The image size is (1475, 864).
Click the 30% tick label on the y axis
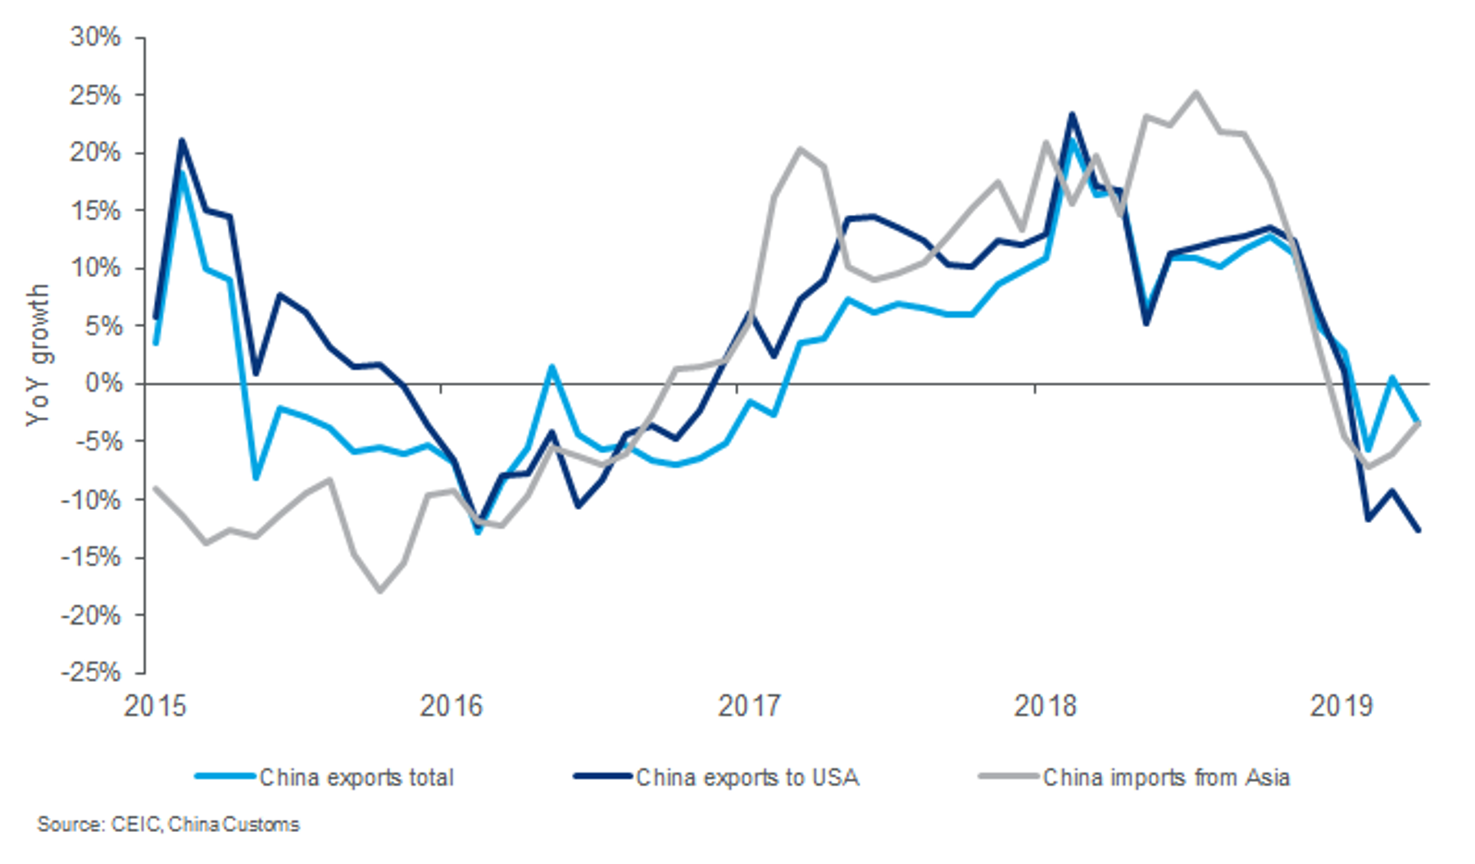click(x=95, y=38)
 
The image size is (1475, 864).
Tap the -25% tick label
click(x=91, y=672)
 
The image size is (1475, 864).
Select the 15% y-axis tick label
click(x=95, y=211)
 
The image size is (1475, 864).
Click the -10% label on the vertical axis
click(x=91, y=499)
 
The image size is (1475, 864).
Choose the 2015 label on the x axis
click(x=155, y=706)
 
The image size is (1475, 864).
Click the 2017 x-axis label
click(x=749, y=706)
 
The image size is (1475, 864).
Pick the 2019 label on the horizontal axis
click(x=1341, y=706)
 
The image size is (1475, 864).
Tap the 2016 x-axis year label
click(x=452, y=706)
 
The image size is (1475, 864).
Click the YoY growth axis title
click(x=38, y=355)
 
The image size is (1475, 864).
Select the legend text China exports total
click(x=356, y=777)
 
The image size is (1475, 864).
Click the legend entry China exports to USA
click(x=747, y=777)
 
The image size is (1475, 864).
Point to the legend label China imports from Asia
click(x=1166, y=777)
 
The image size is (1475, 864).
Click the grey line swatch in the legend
click(x=1010, y=776)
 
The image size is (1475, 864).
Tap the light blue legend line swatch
click(x=225, y=776)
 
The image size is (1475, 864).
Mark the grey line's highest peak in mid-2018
click(x=1196, y=92)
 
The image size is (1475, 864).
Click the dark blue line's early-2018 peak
click(x=1071, y=114)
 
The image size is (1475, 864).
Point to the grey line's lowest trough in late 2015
click(x=380, y=591)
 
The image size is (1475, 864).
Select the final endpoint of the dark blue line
click(x=1418, y=530)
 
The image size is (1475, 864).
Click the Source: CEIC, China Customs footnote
click(x=168, y=825)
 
